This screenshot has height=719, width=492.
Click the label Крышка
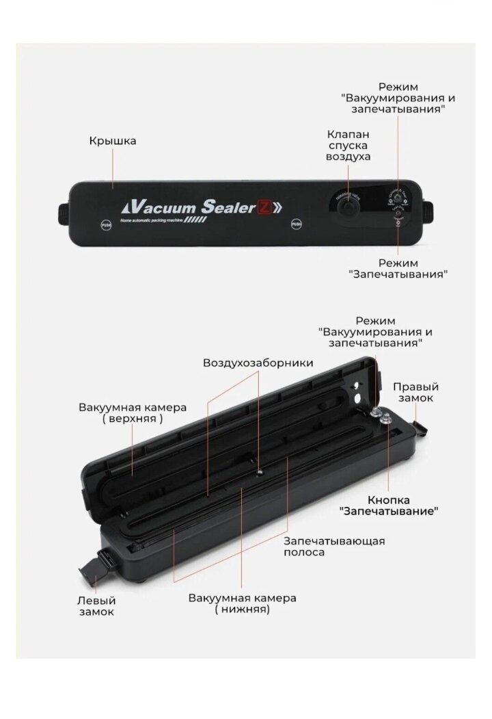point(112,141)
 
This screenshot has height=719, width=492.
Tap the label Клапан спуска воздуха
point(348,145)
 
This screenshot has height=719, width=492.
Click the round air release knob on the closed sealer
point(348,206)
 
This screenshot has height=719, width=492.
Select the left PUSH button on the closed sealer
point(106,224)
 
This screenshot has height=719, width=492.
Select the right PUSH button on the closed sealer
point(297,224)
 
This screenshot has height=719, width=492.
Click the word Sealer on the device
point(227,207)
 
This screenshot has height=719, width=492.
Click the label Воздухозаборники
point(258,363)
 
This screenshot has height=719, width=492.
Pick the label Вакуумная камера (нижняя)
point(243,603)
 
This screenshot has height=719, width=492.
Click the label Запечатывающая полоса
point(334,546)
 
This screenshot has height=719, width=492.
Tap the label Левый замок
point(96,605)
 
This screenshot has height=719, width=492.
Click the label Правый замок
point(415,392)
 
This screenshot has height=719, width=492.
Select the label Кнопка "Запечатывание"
point(389,505)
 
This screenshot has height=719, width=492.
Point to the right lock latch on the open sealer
point(420,428)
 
